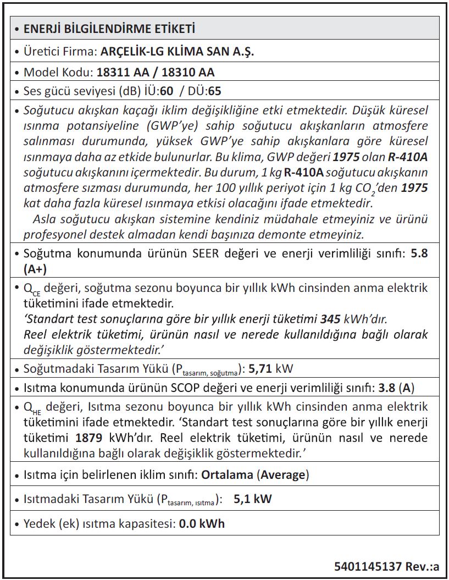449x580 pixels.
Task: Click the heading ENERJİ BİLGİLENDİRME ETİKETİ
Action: [x=109, y=29]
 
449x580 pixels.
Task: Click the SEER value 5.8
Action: [x=419, y=255]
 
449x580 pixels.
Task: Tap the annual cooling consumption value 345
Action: [x=330, y=319]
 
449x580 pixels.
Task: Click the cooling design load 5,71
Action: [x=260, y=369]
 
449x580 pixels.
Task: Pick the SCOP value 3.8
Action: [x=387, y=388]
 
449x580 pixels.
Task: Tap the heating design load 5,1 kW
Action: [x=252, y=499]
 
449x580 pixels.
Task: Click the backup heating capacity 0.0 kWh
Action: [x=202, y=524]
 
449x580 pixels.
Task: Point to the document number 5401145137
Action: [x=368, y=566]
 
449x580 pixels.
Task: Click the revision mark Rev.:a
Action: [x=422, y=566]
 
